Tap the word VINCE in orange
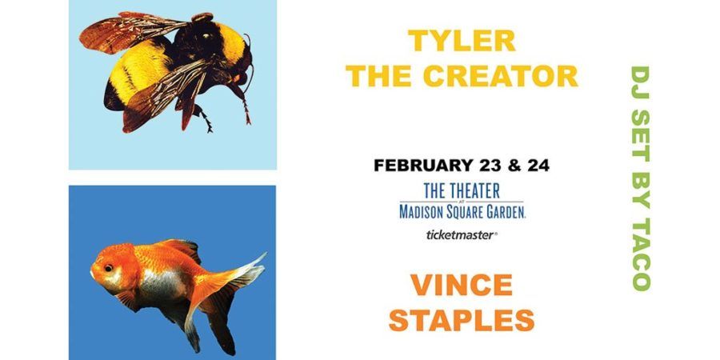pos(462,285)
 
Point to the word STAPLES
pos(462,319)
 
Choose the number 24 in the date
pos(537,166)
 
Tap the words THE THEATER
pos(462,191)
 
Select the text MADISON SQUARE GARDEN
pos(462,211)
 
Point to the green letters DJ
pos(640,79)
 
